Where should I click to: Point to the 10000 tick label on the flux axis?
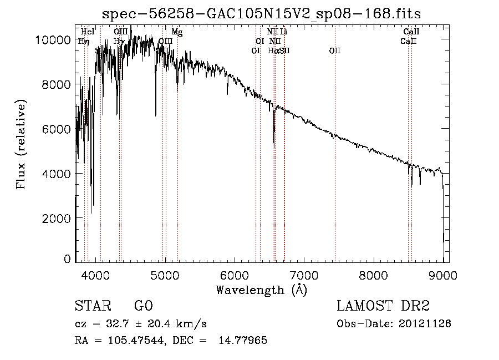[x=52, y=40]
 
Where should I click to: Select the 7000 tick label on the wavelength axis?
[x=304, y=275]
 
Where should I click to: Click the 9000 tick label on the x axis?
[x=442, y=275]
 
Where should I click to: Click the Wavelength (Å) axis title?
[x=261, y=290]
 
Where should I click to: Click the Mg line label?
[x=177, y=32]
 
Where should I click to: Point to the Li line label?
[x=283, y=32]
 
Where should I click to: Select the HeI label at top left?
[x=88, y=32]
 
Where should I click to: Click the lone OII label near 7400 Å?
[x=335, y=50]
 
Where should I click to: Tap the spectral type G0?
[x=143, y=306]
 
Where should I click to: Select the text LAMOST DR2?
[x=383, y=306]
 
